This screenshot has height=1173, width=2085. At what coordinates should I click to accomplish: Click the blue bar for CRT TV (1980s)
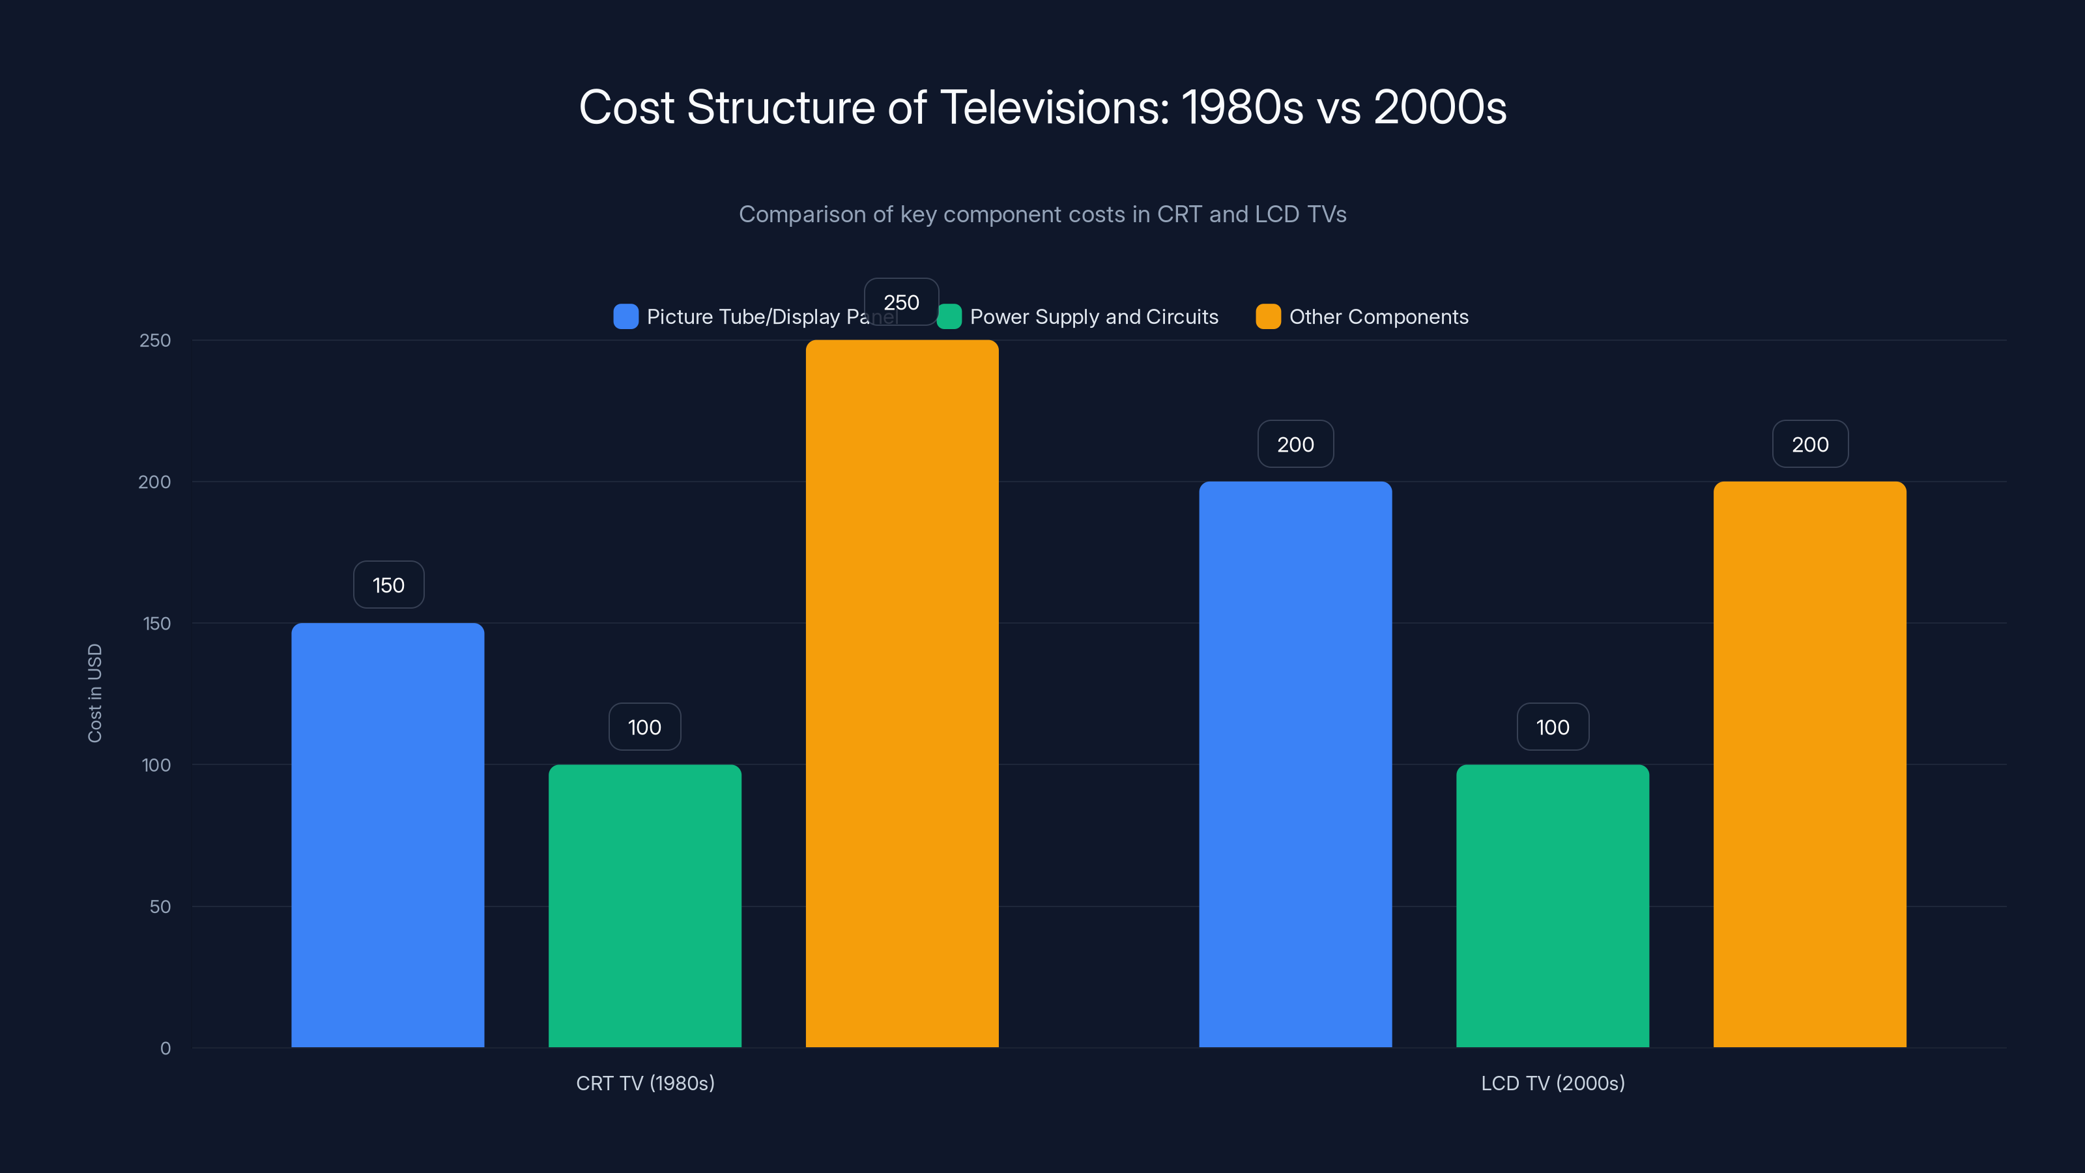click(388, 835)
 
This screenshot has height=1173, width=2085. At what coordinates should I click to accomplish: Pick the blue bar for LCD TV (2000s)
click(1295, 764)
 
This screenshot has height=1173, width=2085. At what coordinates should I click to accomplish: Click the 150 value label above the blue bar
click(388, 585)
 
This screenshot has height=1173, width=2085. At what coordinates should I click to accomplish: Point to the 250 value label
click(901, 302)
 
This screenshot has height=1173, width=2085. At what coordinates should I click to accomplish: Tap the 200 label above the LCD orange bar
click(1810, 444)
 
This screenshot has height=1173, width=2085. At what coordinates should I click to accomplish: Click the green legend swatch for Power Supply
click(949, 317)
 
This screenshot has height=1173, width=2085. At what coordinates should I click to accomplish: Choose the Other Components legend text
click(1379, 317)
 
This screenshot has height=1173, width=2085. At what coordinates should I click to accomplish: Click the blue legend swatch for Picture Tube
click(625, 317)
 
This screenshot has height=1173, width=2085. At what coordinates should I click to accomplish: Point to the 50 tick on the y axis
click(160, 906)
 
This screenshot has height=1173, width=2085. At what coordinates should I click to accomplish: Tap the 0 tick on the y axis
click(165, 1049)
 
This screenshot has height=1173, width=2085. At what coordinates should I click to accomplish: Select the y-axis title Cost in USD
click(94, 693)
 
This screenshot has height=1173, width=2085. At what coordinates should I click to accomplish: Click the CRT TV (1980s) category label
click(645, 1083)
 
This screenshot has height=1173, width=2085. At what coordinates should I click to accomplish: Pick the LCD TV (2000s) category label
click(1553, 1083)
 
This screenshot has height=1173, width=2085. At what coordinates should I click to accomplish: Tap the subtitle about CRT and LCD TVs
click(1042, 214)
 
